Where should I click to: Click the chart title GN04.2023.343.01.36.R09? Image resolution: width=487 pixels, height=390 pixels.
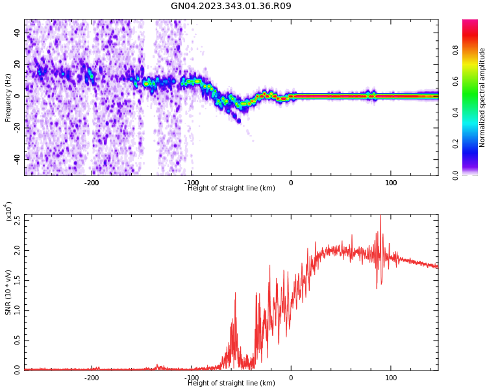click(x=231, y=6)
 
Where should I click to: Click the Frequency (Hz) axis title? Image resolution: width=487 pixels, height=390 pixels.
click(x=8, y=97)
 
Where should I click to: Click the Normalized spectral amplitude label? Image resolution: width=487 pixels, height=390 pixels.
click(x=482, y=97)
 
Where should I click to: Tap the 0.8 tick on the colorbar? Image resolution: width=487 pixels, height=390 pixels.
click(x=455, y=49)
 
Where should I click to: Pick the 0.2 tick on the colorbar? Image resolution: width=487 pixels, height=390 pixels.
click(x=455, y=144)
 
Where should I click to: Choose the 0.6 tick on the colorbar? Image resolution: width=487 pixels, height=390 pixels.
click(x=455, y=81)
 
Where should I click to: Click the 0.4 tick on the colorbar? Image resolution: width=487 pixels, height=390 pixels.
click(x=455, y=112)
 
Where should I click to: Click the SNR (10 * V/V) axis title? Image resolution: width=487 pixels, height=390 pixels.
click(x=8, y=292)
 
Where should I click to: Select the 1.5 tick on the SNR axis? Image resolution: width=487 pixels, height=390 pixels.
click(x=17, y=279)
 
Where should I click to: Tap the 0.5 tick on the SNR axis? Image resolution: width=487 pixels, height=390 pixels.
click(x=17, y=340)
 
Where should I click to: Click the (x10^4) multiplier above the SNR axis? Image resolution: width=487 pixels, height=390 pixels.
click(x=7, y=212)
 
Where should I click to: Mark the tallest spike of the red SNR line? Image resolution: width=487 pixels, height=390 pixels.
click(x=381, y=216)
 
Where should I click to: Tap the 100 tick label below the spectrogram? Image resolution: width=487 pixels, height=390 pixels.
click(x=391, y=183)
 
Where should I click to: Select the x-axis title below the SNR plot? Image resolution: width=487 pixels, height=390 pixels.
click(x=231, y=383)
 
